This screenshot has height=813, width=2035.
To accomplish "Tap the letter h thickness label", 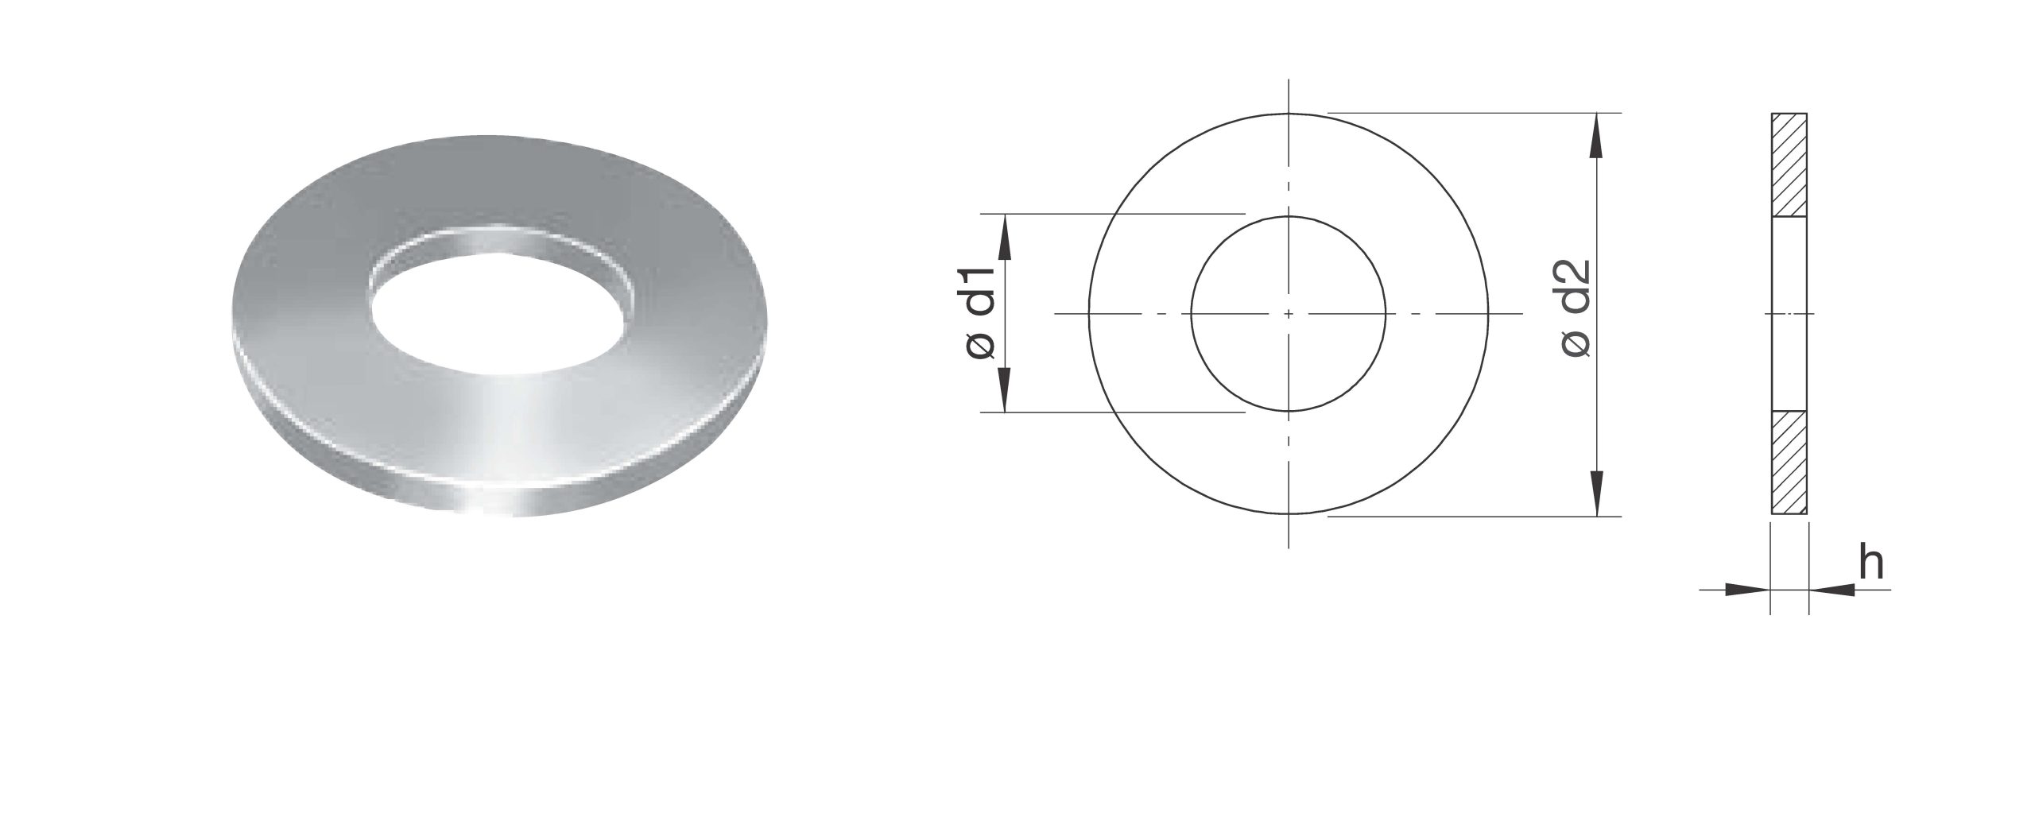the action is tap(1873, 563).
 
